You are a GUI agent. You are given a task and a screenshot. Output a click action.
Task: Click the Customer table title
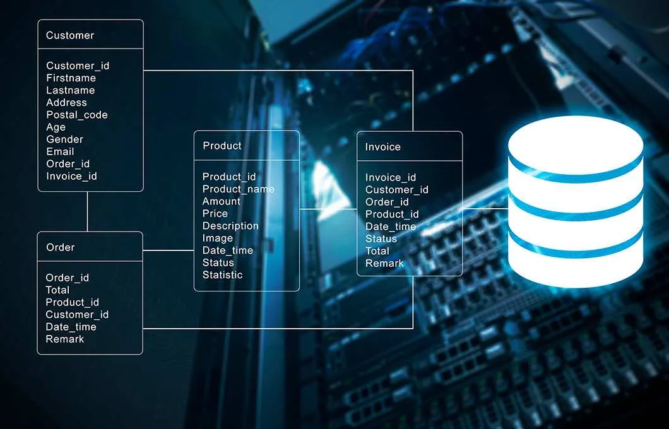pyautogui.click(x=70, y=35)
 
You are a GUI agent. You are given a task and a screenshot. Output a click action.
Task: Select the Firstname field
pyautogui.click(x=71, y=78)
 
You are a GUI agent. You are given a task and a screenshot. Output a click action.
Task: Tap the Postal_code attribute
pyautogui.click(x=77, y=115)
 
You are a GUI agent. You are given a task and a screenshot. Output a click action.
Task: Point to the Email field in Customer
pyautogui.click(x=60, y=152)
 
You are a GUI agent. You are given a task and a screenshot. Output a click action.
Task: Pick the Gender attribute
pyautogui.click(x=65, y=139)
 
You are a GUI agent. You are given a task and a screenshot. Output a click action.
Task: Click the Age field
pyautogui.click(x=56, y=127)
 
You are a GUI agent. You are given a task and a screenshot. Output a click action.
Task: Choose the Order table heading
pyautogui.click(x=60, y=247)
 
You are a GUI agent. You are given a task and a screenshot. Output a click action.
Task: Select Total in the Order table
pyautogui.click(x=57, y=290)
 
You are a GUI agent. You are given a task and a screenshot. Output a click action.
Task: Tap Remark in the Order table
pyautogui.click(x=65, y=339)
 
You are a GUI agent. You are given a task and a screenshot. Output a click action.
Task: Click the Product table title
pyautogui.click(x=222, y=146)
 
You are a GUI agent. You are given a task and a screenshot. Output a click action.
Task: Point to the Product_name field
pyautogui.click(x=239, y=189)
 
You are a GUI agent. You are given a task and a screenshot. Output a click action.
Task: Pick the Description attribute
pyautogui.click(x=230, y=226)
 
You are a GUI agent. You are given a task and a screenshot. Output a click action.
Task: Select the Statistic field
pyautogui.click(x=222, y=275)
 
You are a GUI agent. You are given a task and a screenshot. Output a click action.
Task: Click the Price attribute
pyautogui.click(x=215, y=214)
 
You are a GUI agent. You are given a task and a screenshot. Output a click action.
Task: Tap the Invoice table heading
pyautogui.click(x=382, y=147)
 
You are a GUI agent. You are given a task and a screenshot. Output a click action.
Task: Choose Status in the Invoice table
pyautogui.click(x=381, y=239)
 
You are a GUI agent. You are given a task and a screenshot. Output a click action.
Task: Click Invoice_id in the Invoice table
pyautogui.click(x=391, y=177)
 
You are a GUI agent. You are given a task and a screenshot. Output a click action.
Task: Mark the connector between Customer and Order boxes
pyautogui.click(x=88, y=211)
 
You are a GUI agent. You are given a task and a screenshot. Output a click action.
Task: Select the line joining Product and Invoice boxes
pyautogui.click(x=328, y=209)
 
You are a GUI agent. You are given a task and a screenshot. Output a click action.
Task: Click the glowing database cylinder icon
pyautogui.click(x=576, y=202)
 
